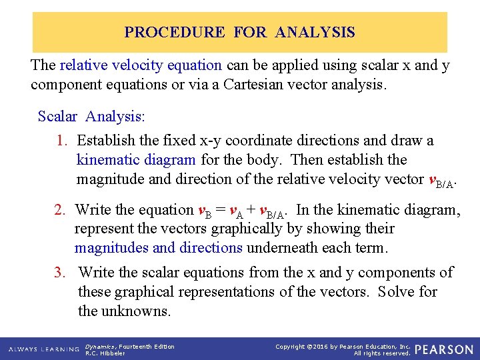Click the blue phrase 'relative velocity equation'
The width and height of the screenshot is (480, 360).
coord(141,65)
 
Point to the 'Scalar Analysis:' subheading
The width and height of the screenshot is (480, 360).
coord(91,116)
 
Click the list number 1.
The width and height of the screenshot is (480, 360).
coord(63,141)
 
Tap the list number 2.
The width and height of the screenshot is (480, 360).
coord(61,210)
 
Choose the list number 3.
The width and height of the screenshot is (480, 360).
coord(63,273)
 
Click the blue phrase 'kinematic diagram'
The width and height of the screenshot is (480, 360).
coord(136,160)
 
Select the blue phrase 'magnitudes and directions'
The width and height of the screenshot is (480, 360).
coord(159,248)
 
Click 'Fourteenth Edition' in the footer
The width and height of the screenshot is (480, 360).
coord(147,346)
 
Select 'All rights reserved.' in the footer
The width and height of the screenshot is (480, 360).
coord(381,353)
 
